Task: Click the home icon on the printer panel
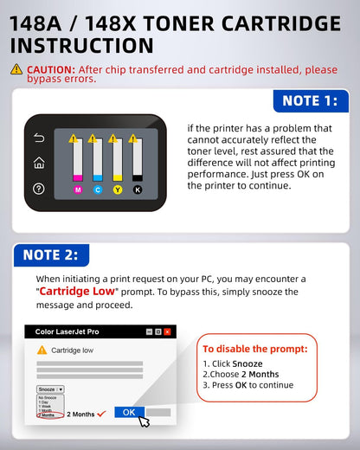point(39,163)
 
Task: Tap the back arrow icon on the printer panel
point(39,138)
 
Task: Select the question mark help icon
point(39,189)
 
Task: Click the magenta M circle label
point(77,189)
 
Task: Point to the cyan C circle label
point(97,189)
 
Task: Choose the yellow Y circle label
point(117,189)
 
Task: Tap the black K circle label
point(137,189)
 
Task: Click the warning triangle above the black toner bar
point(133,138)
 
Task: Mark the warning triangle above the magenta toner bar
point(74,138)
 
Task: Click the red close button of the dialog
point(167,331)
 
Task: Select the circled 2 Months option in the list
point(46,415)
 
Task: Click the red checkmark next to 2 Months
point(102,413)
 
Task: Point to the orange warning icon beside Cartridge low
point(42,350)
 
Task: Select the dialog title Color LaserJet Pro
point(67,331)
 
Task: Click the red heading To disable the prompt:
point(254,349)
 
